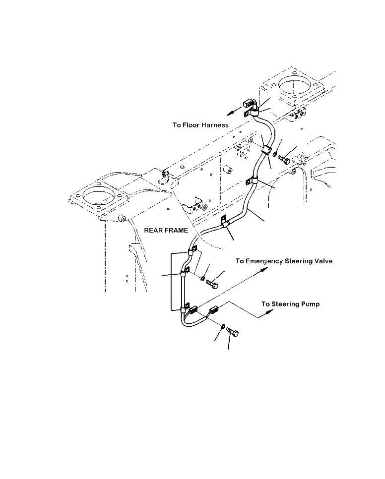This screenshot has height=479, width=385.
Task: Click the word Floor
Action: pyautogui.click(x=191, y=125)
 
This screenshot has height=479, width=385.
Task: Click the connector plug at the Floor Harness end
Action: pyautogui.click(x=250, y=105)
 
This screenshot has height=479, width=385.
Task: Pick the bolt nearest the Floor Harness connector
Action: pyautogui.click(x=284, y=159)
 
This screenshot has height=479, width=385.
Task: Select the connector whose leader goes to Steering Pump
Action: pyautogui.click(x=214, y=311)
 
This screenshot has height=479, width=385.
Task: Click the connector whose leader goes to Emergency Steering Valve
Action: pyautogui.click(x=193, y=310)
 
